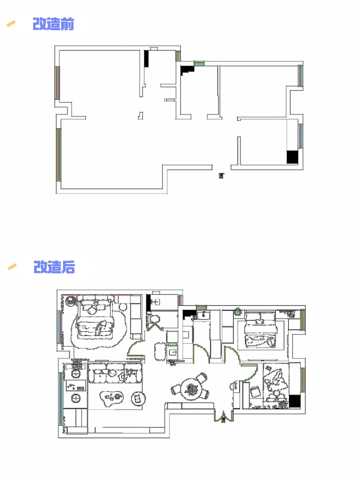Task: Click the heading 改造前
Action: pyautogui.click(x=53, y=24)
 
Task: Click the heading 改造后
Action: pyautogui.click(x=54, y=267)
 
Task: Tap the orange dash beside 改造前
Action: pyautogui.click(x=11, y=23)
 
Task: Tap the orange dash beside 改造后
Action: pyautogui.click(x=12, y=267)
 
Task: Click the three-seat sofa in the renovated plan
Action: pyautogui.click(x=115, y=373)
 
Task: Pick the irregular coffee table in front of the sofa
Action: pyautogui.click(x=111, y=397)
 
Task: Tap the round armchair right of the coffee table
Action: pyautogui.click(x=138, y=398)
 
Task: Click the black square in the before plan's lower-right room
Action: pyautogui.click(x=292, y=157)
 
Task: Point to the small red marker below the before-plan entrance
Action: pyautogui.click(x=221, y=175)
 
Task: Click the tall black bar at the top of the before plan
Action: pyautogui.click(x=146, y=58)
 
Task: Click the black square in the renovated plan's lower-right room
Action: pyautogui.click(x=295, y=401)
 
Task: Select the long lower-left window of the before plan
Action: pyautogui.click(x=58, y=155)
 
